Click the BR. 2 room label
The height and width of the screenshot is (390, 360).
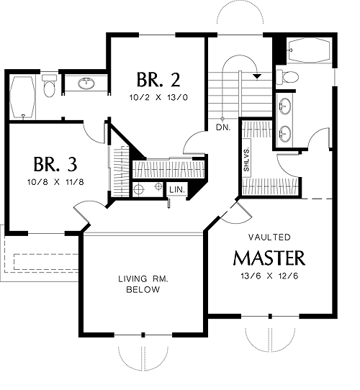click(158, 80)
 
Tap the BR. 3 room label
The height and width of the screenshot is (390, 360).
click(55, 164)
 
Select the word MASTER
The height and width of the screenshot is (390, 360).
click(269, 258)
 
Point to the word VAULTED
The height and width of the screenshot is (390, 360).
click(269, 237)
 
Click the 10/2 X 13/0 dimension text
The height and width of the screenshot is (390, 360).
click(158, 98)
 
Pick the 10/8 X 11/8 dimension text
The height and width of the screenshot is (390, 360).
click(55, 182)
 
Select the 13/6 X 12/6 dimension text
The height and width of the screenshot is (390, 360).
click(269, 276)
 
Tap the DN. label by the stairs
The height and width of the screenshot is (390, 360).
click(223, 127)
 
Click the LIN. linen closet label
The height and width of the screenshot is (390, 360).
click(177, 190)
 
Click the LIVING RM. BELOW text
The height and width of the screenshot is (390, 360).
click(143, 284)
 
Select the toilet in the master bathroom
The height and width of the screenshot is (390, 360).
click(287, 77)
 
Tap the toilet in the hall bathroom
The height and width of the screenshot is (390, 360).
click(49, 86)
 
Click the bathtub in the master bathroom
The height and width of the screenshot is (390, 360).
click(309, 50)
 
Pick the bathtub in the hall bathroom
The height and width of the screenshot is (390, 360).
click(22, 97)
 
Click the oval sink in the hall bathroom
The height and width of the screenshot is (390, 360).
click(86, 83)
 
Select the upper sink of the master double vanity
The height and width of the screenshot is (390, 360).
click(285, 106)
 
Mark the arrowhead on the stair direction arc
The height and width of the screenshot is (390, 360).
click(257, 76)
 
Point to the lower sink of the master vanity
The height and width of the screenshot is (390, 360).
click(285, 134)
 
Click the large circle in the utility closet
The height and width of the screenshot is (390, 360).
click(139, 189)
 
